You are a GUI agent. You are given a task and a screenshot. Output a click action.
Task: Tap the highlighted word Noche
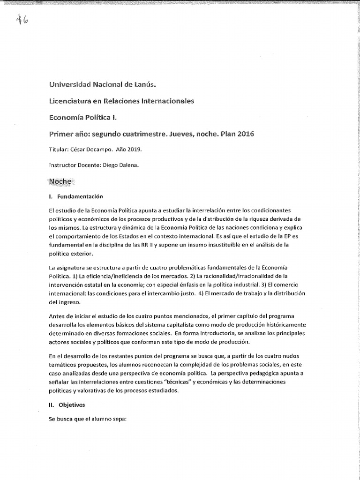pyautogui.click(x=60, y=181)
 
